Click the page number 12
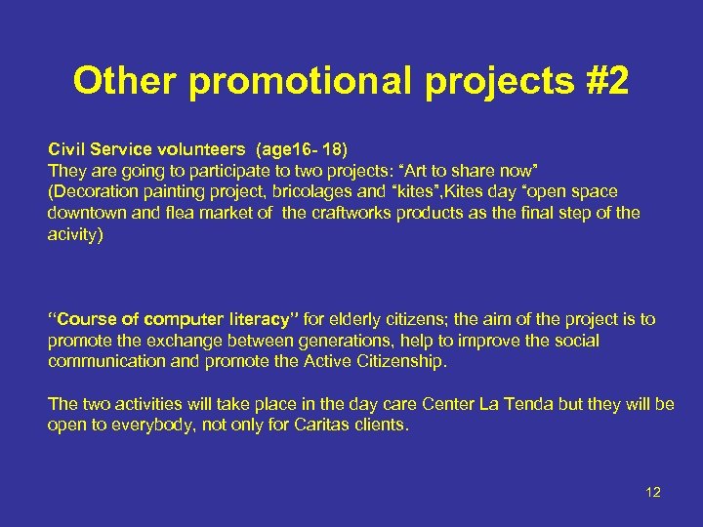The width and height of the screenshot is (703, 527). coord(653,492)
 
